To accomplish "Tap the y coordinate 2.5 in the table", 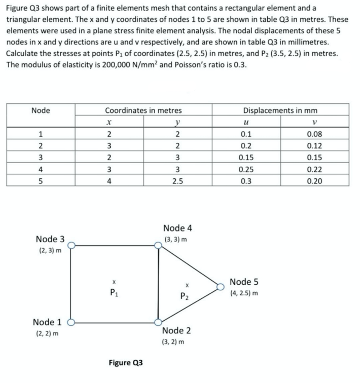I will coord(176,181).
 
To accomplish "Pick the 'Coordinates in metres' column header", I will coord(143,110).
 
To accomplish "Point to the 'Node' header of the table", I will coord(40,110).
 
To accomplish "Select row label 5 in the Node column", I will coord(40,181).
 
